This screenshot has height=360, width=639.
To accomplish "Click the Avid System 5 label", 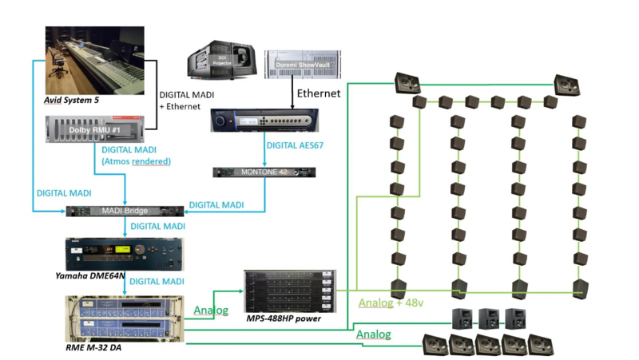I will pyautogui.click(x=71, y=101).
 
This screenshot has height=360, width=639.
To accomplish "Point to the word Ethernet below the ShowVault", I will pyautogui.click(x=319, y=93).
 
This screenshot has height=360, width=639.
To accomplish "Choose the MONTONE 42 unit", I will pyautogui.click(x=264, y=172).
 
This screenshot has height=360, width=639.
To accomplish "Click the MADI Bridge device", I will pyautogui.click(x=125, y=211).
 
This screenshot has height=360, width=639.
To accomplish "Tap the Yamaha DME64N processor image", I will pyautogui.click(x=124, y=253).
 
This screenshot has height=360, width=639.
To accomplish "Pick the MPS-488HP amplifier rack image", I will pyautogui.click(x=287, y=292).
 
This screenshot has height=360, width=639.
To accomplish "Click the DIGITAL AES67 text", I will pyautogui.click(x=296, y=146).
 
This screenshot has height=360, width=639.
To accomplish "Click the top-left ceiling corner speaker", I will pyautogui.click(x=407, y=81).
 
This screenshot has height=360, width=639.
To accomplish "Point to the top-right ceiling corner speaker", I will pyautogui.click(x=566, y=82).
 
